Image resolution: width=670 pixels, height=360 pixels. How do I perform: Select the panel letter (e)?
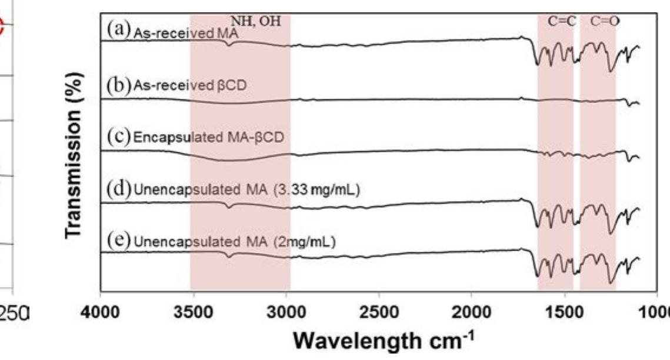[x=119, y=241]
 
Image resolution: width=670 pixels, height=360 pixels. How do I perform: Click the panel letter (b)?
[x=119, y=83]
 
